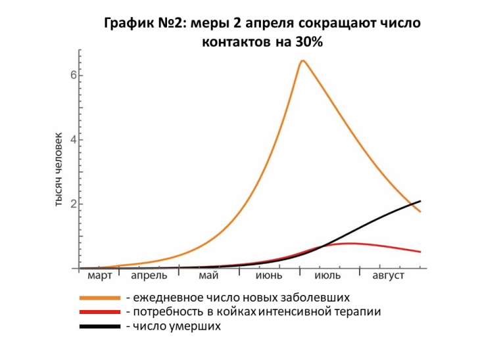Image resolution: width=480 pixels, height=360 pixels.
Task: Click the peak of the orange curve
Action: point(302,61)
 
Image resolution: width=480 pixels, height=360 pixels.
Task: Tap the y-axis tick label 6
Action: point(74,76)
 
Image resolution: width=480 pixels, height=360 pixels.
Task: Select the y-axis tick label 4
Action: point(74,140)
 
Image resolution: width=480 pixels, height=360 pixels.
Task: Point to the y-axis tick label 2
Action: point(74,204)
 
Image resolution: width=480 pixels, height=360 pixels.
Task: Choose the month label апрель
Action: point(149,276)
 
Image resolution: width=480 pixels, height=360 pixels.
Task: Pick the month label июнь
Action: point(268,276)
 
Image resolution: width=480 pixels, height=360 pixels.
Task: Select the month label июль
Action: point(327,276)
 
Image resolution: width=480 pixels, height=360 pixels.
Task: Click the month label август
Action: point(388,276)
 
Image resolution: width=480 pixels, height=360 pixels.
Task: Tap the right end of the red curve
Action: point(420,252)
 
